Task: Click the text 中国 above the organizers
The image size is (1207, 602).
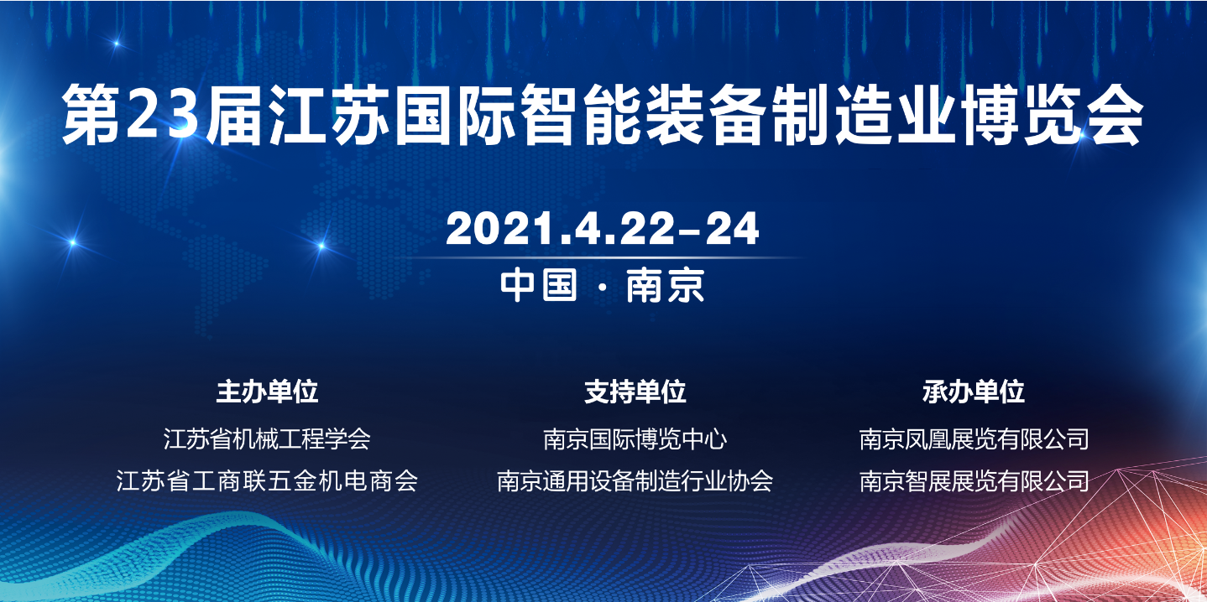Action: [539, 285]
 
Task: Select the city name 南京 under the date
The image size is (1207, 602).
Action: [666, 285]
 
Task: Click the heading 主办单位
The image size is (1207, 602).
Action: [267, 392]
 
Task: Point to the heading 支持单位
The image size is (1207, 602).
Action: [635, 392]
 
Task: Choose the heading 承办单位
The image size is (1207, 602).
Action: [973, 392]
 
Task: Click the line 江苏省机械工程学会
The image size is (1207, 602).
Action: [267, 439]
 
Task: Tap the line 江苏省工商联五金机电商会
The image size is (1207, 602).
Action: [267, 480]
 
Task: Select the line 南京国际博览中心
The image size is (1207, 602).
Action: [635, 439]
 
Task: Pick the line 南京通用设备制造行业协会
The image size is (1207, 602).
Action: [635, 480]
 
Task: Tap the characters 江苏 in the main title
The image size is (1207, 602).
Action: [330, 115]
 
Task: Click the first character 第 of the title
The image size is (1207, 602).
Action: [92, 115]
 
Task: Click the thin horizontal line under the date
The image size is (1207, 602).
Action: [603, 258]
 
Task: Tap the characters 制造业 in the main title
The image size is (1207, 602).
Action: [865, 115]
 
